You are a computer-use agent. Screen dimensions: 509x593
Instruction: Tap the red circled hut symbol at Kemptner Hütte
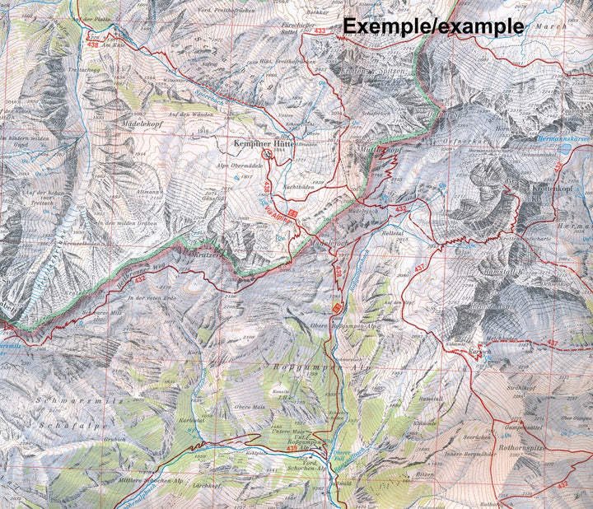[x=266, y=153]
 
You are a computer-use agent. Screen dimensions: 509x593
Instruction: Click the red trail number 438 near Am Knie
[x=96, y=45]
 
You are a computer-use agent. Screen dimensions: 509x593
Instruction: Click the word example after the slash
[x=480, y=26]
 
